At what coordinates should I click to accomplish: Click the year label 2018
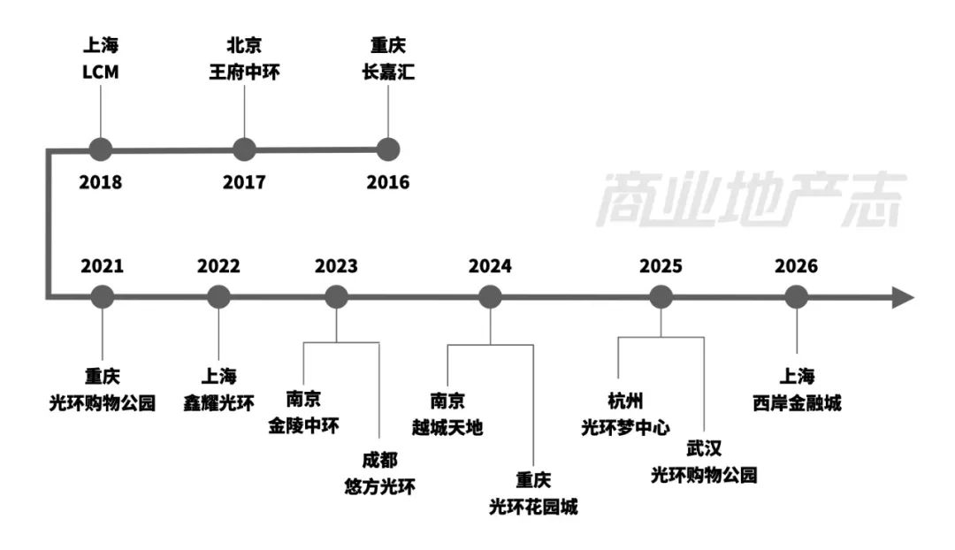(101, 183)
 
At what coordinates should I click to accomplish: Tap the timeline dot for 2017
(244, 149)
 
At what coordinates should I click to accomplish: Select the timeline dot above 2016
(388, 149)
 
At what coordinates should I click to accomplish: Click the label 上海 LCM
(100, 59)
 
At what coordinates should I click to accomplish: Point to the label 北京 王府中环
(244, 59)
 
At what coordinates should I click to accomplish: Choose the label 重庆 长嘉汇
(388, 59)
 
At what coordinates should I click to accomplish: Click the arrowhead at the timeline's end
(902, 297)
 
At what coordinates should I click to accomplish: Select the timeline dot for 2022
(218, 297)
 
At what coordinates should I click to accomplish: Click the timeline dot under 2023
(336, 297)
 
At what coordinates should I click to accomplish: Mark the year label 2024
(490, 266)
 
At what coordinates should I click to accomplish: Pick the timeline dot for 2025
(661, 297)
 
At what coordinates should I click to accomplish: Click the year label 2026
(797, 266)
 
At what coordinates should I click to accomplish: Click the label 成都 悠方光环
(379, 473)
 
